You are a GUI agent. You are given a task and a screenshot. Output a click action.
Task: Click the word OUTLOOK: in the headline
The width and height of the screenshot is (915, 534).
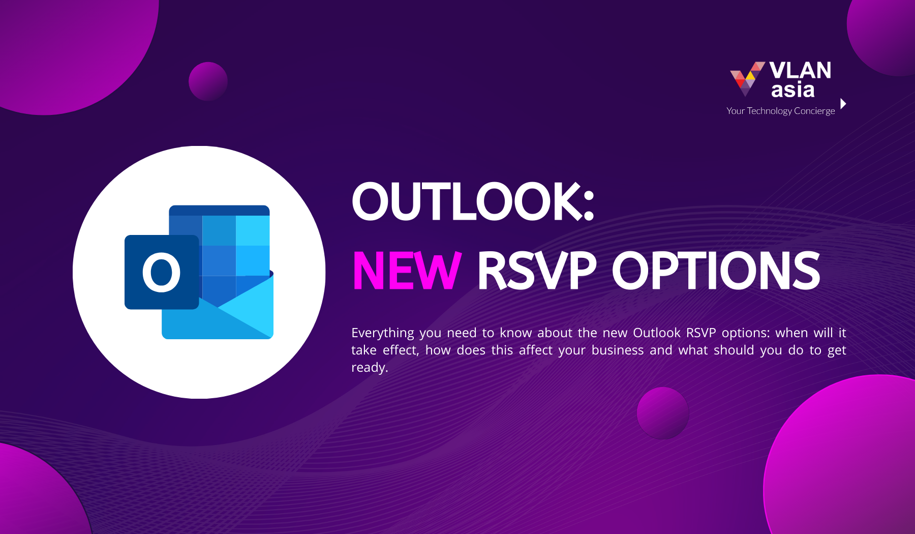coord(473,201)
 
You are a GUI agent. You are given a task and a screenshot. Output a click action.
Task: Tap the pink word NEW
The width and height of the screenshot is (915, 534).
coord(407,271)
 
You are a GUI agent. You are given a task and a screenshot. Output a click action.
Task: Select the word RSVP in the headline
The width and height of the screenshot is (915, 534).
coord(537,271)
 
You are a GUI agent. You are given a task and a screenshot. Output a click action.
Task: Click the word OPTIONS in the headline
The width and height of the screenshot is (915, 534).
coord(716,271)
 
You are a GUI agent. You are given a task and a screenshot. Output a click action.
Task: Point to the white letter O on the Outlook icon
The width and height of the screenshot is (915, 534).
coord(161,273)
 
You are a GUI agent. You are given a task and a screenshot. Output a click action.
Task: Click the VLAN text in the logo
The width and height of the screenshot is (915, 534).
coord(800,70)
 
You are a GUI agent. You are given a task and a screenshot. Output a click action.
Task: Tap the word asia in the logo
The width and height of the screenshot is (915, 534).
coord(792,90)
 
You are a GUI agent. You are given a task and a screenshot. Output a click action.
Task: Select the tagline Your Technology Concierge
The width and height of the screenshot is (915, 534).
coord(780,111)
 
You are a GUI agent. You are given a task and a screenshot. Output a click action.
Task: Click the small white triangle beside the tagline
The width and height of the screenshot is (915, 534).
coord(843,104)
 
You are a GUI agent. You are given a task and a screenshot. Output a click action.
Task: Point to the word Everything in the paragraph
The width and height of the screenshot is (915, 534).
coord(383,333)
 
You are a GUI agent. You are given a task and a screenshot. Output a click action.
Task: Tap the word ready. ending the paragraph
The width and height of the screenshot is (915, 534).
coord(370,368)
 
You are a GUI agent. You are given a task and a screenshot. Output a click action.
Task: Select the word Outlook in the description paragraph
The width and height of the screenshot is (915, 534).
coord(657,333)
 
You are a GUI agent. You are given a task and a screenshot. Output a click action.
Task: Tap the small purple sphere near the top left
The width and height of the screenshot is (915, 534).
coord(208,81)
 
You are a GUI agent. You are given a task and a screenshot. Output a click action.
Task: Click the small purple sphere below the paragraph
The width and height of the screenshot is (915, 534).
coord(663,413)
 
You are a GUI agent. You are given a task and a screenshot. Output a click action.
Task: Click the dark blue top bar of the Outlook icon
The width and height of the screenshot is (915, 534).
coord(219,210)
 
